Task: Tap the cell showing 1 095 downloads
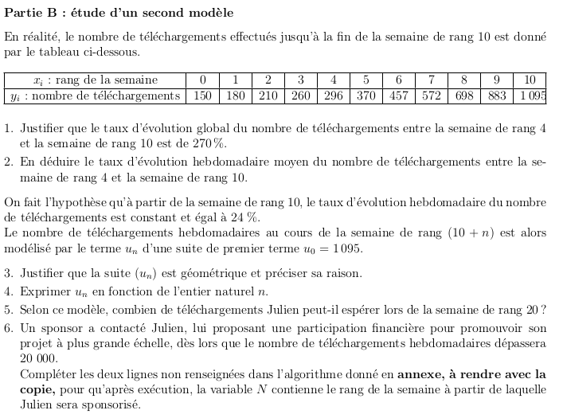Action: click(x=530, y=96)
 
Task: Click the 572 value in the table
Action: click(x=431, y=96)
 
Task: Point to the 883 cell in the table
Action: click(x=496, y=96)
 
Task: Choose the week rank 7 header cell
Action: click(x=431, y=80)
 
